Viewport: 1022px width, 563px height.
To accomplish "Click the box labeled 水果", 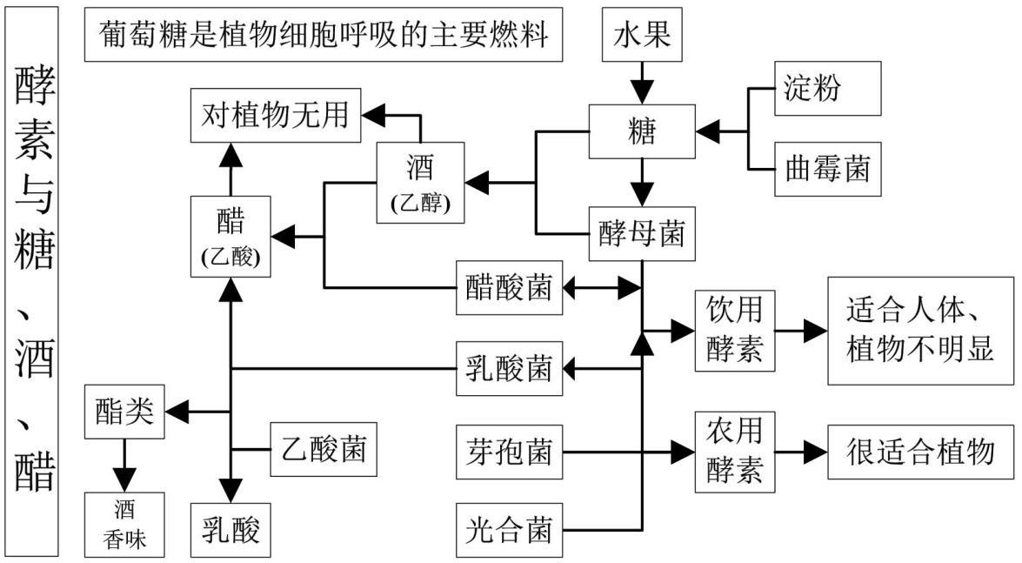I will tap(643, 37).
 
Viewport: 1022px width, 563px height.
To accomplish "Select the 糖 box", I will tap(643, 132).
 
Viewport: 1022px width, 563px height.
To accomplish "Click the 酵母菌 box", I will tap(643, 232).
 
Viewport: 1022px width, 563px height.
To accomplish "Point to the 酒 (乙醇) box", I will tap(420, 184).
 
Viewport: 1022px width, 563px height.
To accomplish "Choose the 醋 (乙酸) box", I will tap(230, 235).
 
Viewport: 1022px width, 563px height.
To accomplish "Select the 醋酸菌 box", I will tap(509, 285).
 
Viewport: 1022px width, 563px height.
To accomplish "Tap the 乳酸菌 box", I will tap(509, 369).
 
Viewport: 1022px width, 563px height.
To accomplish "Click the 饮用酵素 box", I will tap(735, 332).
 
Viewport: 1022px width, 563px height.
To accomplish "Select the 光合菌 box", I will tap(509, 529).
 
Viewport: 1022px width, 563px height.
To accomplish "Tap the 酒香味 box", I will tap(124, 525).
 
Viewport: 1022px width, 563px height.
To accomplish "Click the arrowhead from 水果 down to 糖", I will tap(643, 91).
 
